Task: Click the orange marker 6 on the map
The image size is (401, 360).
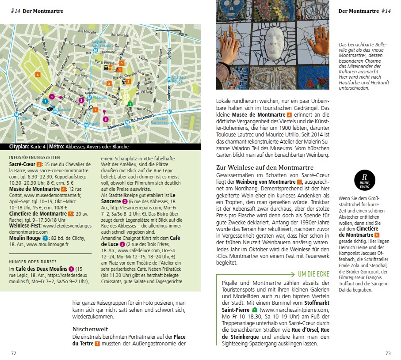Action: click(38, 74)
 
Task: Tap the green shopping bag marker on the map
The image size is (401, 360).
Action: click(130, 103)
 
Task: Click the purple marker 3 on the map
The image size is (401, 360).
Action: click(105, 119)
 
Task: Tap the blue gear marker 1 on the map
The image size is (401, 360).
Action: click(45, 101)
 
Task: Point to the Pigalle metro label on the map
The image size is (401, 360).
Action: click(94, 124)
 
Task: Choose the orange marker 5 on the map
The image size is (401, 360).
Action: click(121, 63)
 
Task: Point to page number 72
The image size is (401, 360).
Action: click(14, 353)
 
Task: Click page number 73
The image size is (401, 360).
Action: click(388, 353)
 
